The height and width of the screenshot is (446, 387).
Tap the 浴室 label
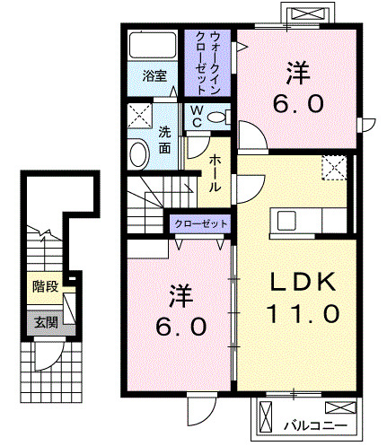[154, 76]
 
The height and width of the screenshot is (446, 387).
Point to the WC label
[195, 117]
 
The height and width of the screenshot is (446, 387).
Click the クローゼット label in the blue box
[200, 223]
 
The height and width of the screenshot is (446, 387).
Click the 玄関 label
[44, 321]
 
